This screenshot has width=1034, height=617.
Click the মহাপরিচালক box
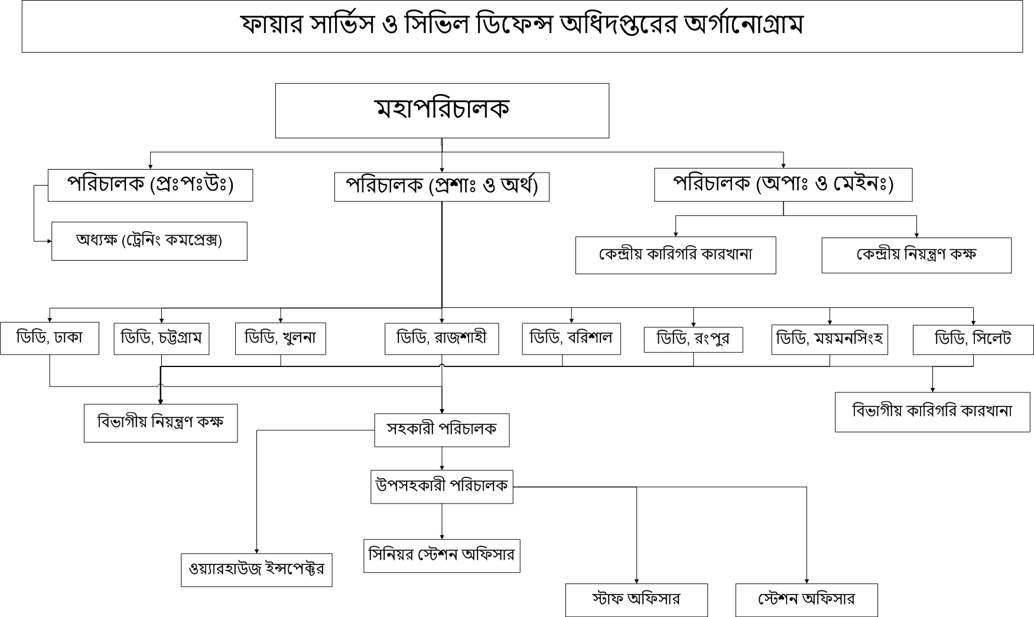[x=442, y=111]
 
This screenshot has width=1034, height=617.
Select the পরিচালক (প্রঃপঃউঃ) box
[x=150, y=185]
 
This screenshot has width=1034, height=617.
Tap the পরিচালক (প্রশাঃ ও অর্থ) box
[x=442, y=187]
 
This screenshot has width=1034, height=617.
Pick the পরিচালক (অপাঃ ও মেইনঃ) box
[x=783, y=185]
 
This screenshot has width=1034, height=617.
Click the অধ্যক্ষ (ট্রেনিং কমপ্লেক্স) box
[x=149, y=241]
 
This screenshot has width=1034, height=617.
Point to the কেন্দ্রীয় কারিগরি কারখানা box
[x=676, y=255]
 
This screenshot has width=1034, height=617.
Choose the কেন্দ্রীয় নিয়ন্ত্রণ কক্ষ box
[x=916, y=255]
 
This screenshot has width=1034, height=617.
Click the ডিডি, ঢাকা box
[x=50, y=338]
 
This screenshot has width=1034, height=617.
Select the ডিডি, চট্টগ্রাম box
[x=161, y=339]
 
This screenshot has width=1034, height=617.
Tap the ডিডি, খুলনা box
[x=281, y=339]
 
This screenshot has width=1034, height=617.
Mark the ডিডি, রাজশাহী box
[x=442, y=339]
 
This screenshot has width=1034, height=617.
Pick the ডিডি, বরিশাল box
[x=571, y=339]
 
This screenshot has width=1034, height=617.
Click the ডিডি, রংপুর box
[x=694, y=340]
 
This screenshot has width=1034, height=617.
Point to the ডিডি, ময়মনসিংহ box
[x=830, y=339]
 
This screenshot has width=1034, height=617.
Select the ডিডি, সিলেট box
[x=973, y=339]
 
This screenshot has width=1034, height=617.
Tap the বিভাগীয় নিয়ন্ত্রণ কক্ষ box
[x=161, y=423]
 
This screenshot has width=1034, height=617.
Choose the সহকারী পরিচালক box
[x=442, y=430]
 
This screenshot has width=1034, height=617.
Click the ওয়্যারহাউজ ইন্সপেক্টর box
[x=256, y=570]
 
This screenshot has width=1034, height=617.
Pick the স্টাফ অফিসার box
[x=636, y=600]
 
